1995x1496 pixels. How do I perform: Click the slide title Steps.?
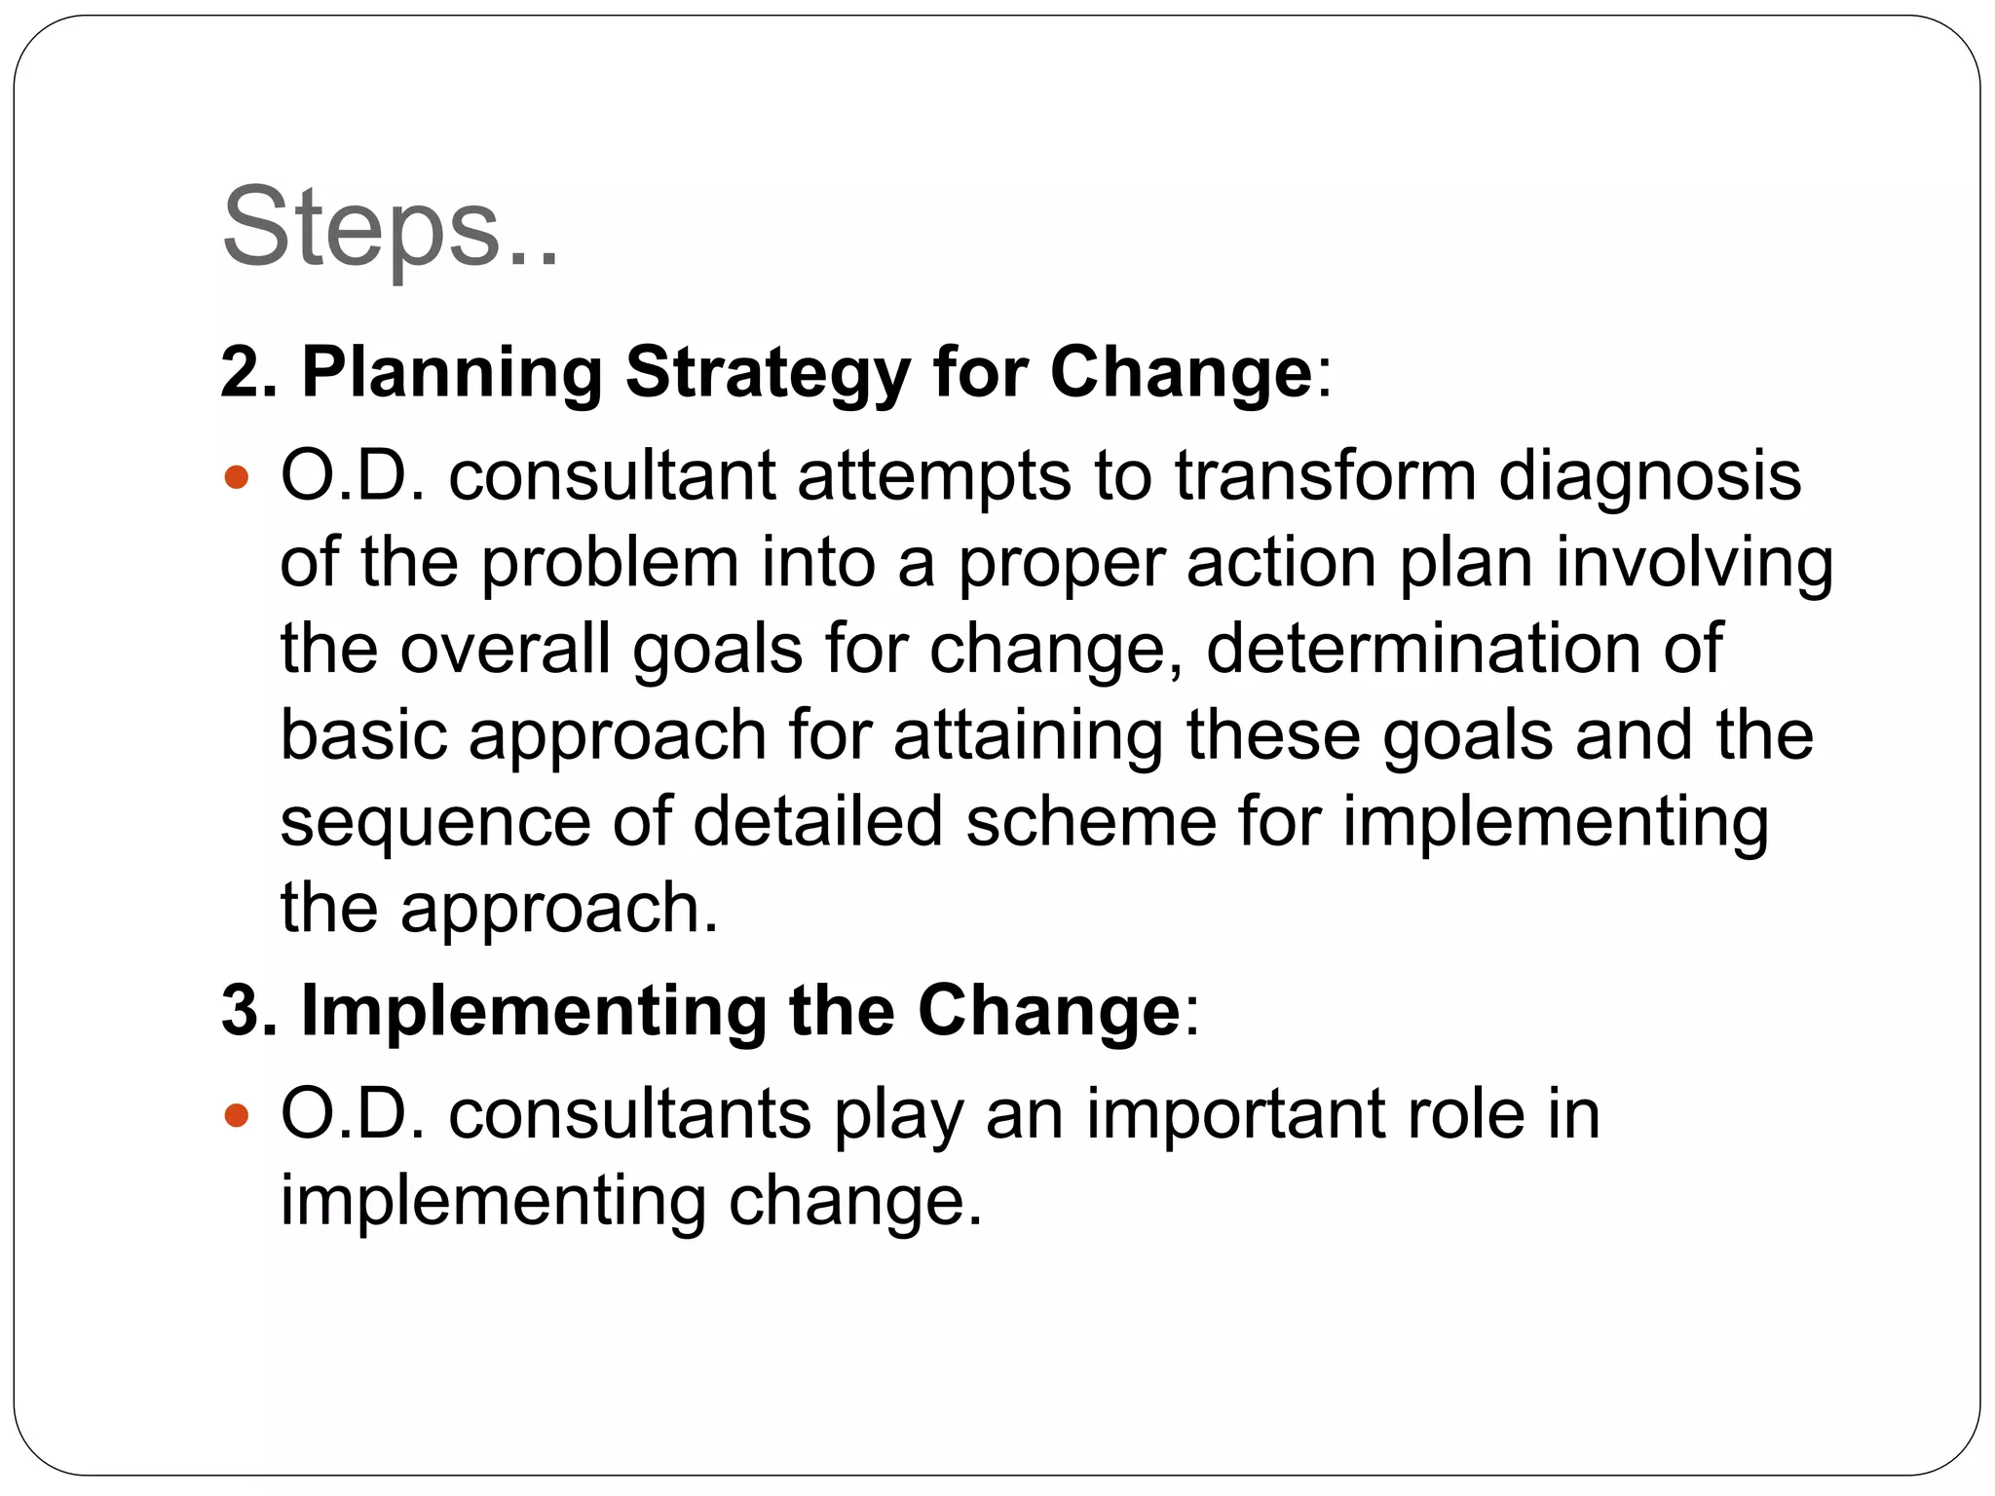390,229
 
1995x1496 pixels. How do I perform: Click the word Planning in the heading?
452,372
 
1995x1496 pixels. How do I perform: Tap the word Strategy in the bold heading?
768,372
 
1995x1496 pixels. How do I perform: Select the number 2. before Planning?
249,372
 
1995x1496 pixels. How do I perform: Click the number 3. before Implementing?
249,1010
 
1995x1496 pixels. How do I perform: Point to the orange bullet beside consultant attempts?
237,478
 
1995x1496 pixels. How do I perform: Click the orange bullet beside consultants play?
237,1115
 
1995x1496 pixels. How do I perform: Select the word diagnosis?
1649,477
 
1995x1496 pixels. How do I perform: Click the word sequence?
434,824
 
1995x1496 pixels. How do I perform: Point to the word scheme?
1090,822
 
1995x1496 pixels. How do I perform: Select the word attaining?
1028,736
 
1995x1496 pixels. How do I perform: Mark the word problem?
610,564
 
